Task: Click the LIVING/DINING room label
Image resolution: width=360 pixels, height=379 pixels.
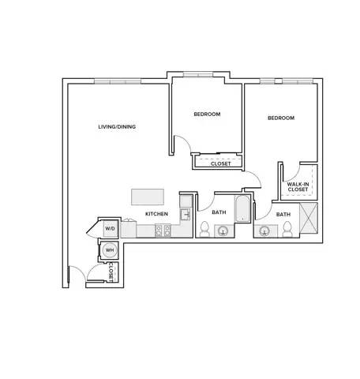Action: [x=117, y=126]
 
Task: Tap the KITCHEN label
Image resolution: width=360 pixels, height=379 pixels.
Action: [x=156, y=214]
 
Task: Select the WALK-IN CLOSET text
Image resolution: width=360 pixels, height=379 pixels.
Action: [x=298, y=187]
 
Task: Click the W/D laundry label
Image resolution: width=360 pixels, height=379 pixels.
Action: [x=110, y=228]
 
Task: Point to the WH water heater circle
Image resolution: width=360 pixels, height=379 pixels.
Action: [x=110, y=250]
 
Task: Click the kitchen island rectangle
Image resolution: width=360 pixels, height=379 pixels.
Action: [x=148, y=197]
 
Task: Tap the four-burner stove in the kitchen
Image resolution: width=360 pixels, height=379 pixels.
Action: [x=163, y=231]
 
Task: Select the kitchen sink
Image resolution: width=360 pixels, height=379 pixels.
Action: [x=186, y=215]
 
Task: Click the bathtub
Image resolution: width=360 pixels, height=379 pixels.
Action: [x=242, y=208]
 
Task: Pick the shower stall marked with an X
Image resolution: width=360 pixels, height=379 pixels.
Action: [x=309, y=218]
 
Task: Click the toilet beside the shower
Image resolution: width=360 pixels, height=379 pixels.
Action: [x=287, y=229]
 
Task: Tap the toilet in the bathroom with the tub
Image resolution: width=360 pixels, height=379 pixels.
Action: [x=204, y=229]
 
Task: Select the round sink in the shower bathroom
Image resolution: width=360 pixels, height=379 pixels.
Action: [x=264, y=231]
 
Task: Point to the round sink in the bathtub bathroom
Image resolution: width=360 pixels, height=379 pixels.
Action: [x=223, y=231]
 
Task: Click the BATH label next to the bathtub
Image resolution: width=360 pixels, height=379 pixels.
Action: [x=219, y=212]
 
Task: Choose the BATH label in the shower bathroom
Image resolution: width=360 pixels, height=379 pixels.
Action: [x=283, y=215]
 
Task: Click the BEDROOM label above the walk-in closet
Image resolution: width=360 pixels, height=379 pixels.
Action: [x=281, y=118]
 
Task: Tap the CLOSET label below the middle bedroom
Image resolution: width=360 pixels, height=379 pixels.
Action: [x=220, y=163]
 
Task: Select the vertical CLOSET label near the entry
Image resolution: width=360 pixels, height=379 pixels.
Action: [x=111, y=272]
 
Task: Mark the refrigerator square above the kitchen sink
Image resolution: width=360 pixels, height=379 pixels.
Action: [x=186, y=201]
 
